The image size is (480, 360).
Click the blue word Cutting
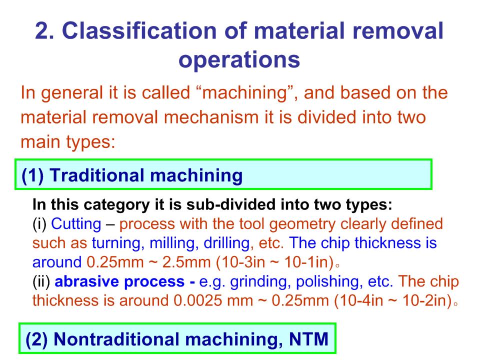click(x=76, y=224)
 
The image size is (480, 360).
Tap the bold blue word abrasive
click(x=86, y=281)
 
